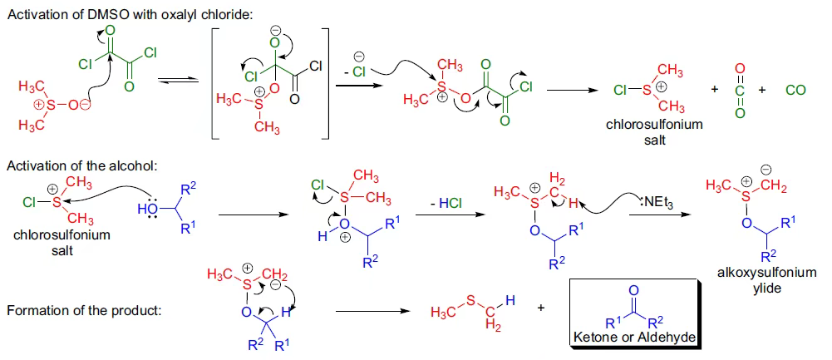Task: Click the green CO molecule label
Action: point(795,89)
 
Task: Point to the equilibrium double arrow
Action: point(180,81)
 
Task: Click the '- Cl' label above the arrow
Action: point(354,72)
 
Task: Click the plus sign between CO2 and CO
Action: point(763,89)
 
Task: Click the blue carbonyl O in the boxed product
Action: point(633,290)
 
